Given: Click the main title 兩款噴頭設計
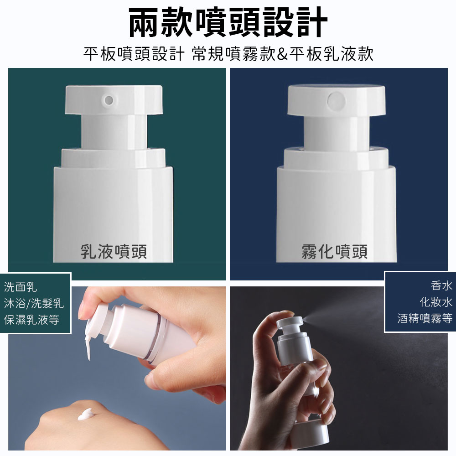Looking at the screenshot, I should (228, 22).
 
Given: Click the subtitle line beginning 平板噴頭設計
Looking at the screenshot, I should (228, 54).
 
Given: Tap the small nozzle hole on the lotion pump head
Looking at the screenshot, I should (109, 99).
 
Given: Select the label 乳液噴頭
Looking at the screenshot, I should (114, 251).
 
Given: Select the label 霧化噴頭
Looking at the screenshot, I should (334, 251).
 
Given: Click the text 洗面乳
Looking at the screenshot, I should (21, 287).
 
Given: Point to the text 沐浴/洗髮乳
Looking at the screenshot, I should (34, 303).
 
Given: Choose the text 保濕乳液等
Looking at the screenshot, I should (31, 320).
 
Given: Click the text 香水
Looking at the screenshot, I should (441, 285).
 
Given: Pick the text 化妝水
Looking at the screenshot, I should (436, 302).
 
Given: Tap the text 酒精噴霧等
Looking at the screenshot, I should (425, 318).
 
